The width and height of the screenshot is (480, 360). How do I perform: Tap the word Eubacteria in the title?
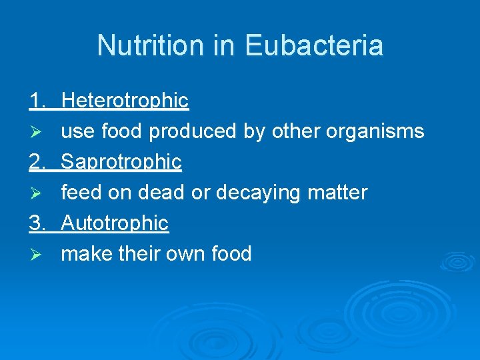[x=313, y=46]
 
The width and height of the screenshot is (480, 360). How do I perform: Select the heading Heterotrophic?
[x=125, y=101]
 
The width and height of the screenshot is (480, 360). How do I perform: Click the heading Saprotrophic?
[x=121, y=162]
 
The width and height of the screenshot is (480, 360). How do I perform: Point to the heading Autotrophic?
[x=115, y=223]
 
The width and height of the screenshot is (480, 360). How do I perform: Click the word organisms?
[x=375, y=132]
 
